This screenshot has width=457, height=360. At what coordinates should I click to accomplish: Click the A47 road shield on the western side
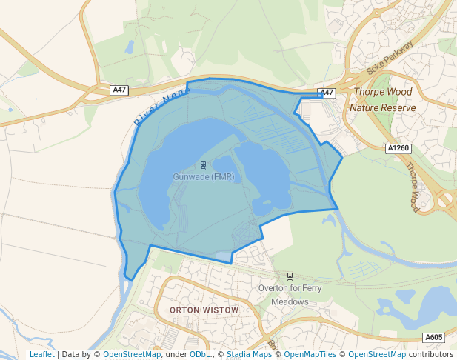point(119,90)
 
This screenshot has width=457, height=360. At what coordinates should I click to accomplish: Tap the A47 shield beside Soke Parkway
point(327,93)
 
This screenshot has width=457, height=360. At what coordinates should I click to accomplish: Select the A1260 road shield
point(398,148)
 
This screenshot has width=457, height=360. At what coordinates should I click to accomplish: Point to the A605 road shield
point(434,338)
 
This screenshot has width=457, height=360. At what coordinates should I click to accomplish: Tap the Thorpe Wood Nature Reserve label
point(382,99)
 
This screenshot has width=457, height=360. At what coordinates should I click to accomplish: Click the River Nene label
point(161,105)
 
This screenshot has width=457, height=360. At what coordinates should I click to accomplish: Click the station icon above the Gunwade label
point(203,165)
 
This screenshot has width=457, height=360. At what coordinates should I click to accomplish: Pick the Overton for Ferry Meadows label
point(289,294)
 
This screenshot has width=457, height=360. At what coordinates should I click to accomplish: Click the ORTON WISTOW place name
point(204,310)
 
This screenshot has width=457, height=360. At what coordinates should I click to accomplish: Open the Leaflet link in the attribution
point(41,354)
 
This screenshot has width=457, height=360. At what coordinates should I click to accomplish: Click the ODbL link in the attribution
point(199,354)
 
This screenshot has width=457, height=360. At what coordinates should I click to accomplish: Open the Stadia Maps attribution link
point(247,354)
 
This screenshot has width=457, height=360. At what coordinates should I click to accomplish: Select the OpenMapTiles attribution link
point(308,354)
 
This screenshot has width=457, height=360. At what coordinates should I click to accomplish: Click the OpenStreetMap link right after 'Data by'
point(132,354)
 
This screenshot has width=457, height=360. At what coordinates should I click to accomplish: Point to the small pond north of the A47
point(130,47)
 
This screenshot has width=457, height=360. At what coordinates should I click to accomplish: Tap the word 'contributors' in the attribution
point(431,354)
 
